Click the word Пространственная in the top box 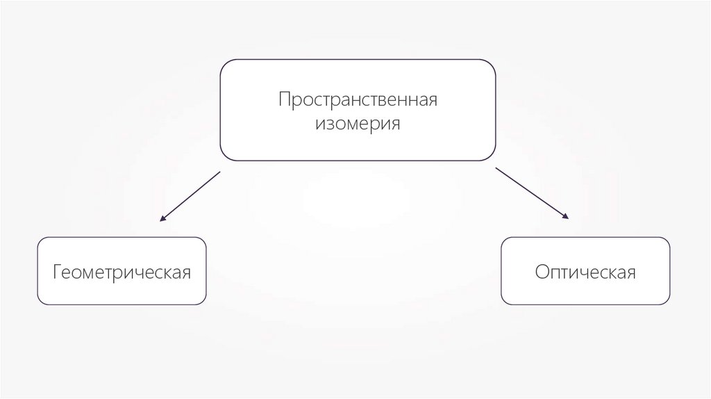point(358,99)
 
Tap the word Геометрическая point(122,271)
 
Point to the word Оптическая point(585,271)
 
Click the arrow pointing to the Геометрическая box point(190,197)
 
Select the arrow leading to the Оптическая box point(532,194)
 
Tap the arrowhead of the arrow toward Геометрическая point(162,220)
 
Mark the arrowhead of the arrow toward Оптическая point(567,219)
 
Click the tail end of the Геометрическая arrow point(219,172)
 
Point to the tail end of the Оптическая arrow point(496,168)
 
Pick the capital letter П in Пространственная point(285,99)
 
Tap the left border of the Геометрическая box point(37,271)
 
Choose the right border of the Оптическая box point(670,271)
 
